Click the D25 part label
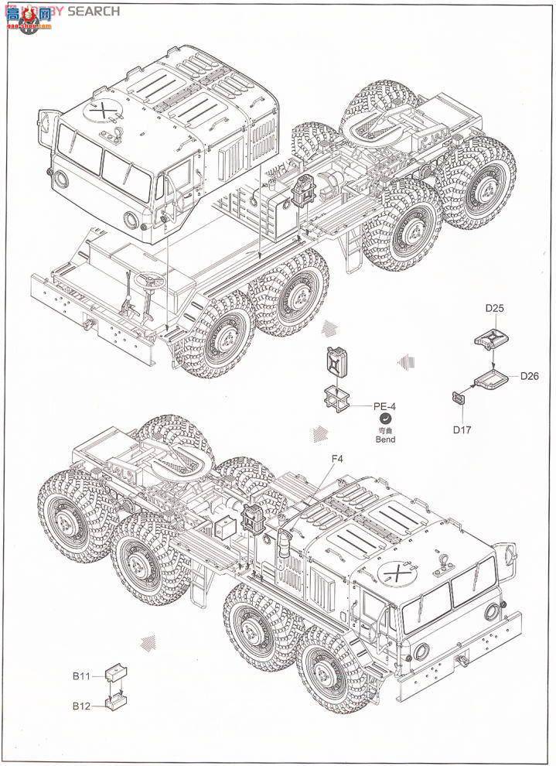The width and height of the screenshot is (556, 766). [x=495, y=308]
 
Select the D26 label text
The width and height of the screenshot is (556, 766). [x=529, y=376]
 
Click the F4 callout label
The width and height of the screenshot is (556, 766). [x=337, y=459]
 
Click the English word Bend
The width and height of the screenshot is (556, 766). [x=384, y=439]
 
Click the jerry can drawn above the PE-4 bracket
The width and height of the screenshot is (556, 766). [x=338, y=364]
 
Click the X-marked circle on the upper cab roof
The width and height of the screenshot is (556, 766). [x=99, y=111]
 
